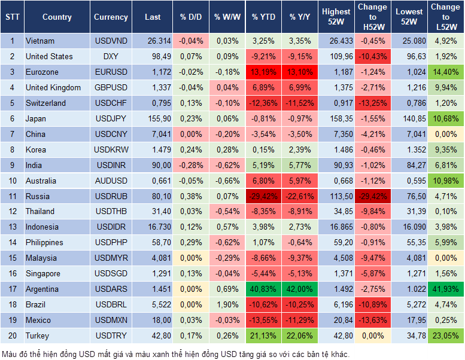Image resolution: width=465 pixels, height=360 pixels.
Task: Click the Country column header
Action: pos(57,17)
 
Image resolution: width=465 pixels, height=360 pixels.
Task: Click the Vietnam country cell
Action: pos(41,41)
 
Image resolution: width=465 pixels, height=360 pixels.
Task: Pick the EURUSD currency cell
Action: pos(111,72)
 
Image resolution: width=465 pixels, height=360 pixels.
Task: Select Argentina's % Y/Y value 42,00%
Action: pos(300,289)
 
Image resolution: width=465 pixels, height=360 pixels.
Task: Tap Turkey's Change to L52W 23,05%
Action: pos(445,335)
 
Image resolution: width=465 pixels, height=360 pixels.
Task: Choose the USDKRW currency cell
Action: pos(111,150)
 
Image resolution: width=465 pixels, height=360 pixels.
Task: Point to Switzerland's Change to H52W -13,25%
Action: pos(372,103)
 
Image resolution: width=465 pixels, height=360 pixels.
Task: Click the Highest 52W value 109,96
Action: pos(336,57)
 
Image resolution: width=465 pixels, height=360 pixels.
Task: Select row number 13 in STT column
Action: pos(12,227)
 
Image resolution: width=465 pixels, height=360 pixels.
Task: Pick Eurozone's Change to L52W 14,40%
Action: pos(445,72)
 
